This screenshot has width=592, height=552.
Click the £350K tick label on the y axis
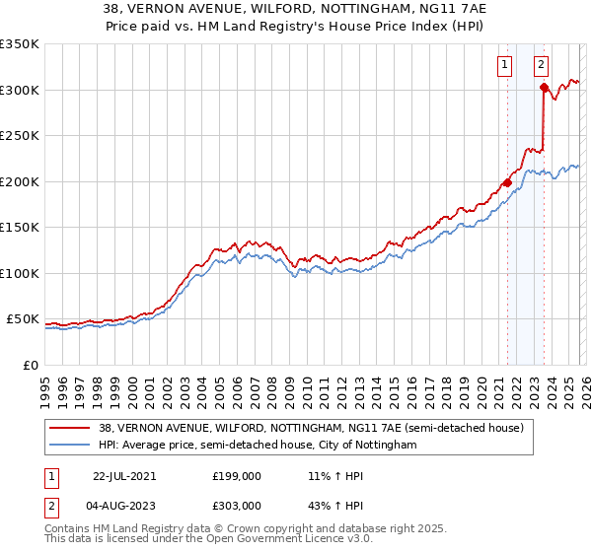(20, 44)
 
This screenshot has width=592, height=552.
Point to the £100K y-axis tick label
(20, 273)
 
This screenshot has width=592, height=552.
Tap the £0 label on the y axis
(31, 365)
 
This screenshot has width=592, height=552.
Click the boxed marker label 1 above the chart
(505, 66)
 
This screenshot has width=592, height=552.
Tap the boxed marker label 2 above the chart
(542, 66)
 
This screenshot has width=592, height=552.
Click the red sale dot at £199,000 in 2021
(507, 182)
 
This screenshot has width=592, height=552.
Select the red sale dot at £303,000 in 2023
(544, 87)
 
